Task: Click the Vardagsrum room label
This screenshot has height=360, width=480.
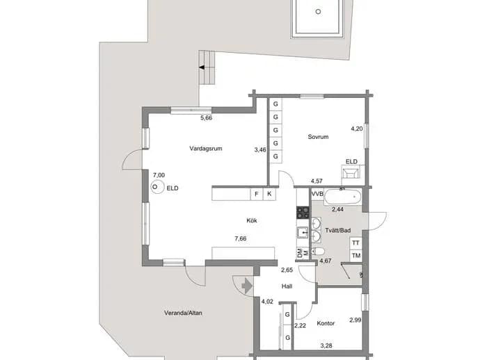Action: pyautogui.click(x=206, y=149)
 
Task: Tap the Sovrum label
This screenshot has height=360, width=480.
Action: pyautogui.click(x=318, y=137)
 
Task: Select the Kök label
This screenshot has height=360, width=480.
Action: pyautogui.click(x=252, y=220)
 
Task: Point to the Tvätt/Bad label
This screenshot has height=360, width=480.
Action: pyautogui.click(x=338, y=230)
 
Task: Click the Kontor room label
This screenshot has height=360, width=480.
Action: pyautogui.click(x=326, y=323)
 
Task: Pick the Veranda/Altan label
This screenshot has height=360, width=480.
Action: pyautogui.click(x=183, y=313)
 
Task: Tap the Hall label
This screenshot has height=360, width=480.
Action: pyautogui.click(x=287, y=286)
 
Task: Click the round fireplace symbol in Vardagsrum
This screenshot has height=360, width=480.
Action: pyautogui.click(x=156, y=187)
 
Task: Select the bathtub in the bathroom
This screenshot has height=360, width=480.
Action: pyautogui.click(x=343, y=197)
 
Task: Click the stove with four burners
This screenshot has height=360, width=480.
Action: pyautogui.click(x=303, y=213)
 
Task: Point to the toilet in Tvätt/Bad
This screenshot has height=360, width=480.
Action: pyautogui.click(x=318, y=252)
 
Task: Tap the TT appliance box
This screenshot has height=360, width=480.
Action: pyautogui.click(x=355, y=243)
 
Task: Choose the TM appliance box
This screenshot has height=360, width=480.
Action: pyautogui.click(x=355, y=255)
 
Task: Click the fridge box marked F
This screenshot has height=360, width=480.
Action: pyautogui.click(x=257, y=194)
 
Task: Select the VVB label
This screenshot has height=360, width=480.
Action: pyautogui.click(x=317, y=194)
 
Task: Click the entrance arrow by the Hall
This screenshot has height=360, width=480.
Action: pyautogui.click(x=247, y=286)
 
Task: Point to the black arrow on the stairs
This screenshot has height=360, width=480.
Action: pyautogui.click(x=202, y=67)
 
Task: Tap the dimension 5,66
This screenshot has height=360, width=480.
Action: pyautogui.click(x=206, y=117)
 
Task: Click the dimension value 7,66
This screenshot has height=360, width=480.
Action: pyautogui.click(x=240, y=238)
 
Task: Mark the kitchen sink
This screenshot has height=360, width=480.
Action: pyautogui.click(x=303, y=232)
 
